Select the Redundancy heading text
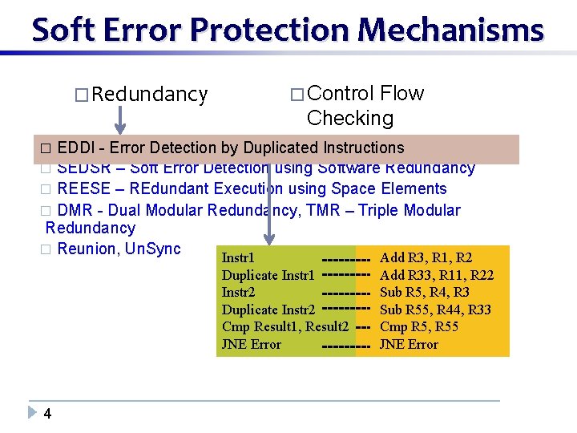(x=150, y=95)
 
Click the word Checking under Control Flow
(x=350, y=119)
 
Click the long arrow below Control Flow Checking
(x=270, y=192)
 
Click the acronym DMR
(x=75, y=210)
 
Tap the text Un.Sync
(x=153, y=249)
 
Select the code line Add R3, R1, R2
(x=426, y=258)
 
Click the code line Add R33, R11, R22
(x=436, y=276)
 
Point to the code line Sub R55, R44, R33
(x=435, y=310)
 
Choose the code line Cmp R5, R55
(x=418, y=327)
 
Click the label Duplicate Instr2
(x=268, y=310)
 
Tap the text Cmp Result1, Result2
(x=284, y=327)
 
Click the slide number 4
(x=48, y=414)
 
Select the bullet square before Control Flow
(x=297, y=95)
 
